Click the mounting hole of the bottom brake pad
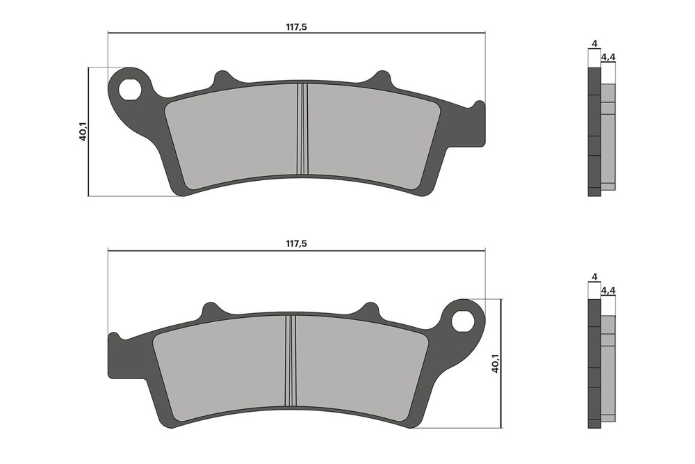point(461,321)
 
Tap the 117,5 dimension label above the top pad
point(296,27)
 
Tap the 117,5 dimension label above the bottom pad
point(296,244)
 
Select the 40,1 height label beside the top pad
point(83,131)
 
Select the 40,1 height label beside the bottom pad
point(496,362)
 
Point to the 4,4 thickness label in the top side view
point(607,57)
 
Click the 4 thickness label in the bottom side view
point(594,277)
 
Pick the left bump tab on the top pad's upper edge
point(222,79)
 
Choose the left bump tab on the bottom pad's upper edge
point(210,311)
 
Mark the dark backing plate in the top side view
point(594,132)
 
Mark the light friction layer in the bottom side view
point(608,369)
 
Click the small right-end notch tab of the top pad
point(478,106)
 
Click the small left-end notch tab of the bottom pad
point(113,338)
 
